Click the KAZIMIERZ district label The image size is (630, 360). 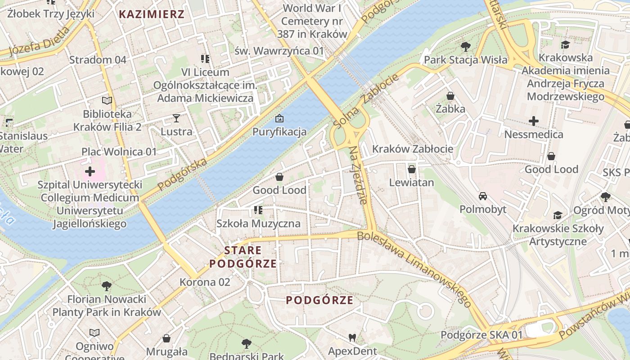(152, 14)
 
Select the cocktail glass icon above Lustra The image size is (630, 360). (176, 118)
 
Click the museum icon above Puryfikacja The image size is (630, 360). (279, 119)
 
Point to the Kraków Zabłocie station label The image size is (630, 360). (413, 149)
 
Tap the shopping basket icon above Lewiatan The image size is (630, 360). (411, 169)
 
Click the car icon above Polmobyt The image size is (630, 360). (482, 196)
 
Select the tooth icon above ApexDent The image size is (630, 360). (352, 337)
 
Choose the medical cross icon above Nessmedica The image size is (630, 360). (534, 121)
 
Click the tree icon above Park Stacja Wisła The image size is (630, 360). (466, 46)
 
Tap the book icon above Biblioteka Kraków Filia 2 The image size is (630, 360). (107, 101)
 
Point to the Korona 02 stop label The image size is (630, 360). (205, 282)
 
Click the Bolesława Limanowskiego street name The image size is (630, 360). (414, 269)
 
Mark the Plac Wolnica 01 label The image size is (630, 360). (119, 152)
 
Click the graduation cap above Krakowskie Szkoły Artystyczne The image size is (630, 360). (558, 215)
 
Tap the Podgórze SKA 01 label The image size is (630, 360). (481, 335)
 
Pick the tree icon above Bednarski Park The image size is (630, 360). (246, 344)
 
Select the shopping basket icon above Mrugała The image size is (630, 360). (166, 338)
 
